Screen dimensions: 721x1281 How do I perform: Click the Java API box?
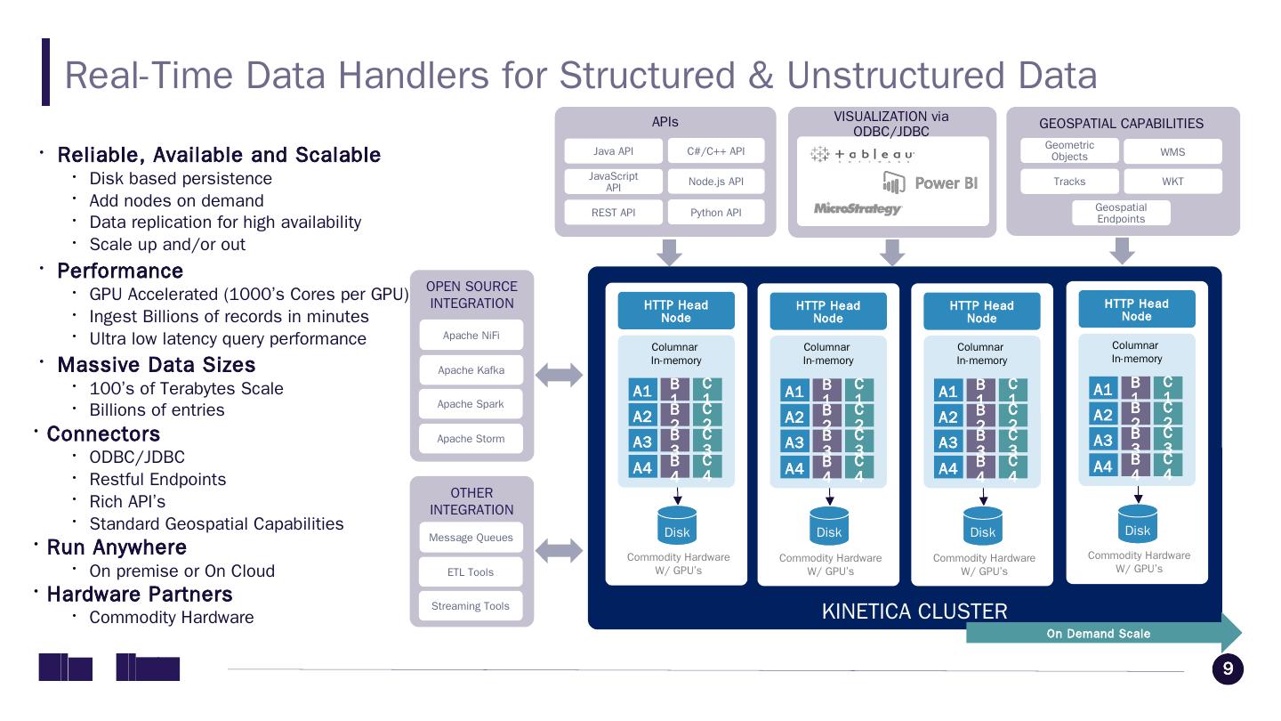[613, 151]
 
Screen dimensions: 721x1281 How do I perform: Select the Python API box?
[716, 213]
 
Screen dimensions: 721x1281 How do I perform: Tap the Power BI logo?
[931, 183]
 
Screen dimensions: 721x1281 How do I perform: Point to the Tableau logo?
[862, 155]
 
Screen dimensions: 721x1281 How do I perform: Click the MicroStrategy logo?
[858, 209]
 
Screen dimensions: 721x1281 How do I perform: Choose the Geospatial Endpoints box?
[1121, 213]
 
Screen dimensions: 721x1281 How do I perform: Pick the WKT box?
[1172, 182]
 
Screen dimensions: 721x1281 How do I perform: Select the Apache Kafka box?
[471, 370]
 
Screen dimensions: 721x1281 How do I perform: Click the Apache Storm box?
[471, 439]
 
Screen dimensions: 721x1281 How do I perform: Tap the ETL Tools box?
[471, 572]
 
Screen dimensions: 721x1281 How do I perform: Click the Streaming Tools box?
[471, 606]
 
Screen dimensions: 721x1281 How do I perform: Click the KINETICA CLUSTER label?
[914, 612]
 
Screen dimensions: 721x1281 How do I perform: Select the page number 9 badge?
[1228, 669]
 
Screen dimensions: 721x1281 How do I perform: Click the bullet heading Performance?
[120, 271]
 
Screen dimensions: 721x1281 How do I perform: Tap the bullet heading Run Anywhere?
[117, 547]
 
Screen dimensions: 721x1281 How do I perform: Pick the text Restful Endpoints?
[157, 480]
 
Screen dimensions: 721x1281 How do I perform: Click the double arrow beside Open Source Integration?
[560, 376]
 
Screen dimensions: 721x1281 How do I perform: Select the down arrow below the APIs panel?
[668, 252]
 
